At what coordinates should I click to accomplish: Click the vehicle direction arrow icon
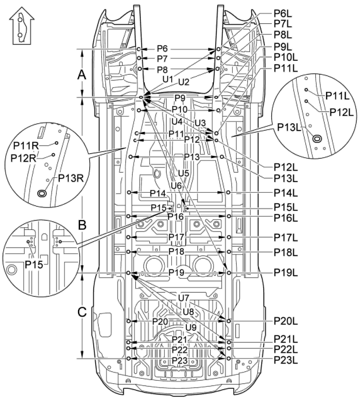(22, 25)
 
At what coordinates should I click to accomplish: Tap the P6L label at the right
(283, 13)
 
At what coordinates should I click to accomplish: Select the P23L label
(285, 360)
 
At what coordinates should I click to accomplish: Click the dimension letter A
(81, 75)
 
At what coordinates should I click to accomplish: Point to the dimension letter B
(82, 225)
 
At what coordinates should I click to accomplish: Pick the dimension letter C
(82, 312)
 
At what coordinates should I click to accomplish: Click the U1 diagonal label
(168, 79)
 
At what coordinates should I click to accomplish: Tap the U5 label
(183, 173)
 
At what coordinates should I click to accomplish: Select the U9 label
(191, 327)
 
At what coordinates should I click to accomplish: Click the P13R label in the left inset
(71, 178)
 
